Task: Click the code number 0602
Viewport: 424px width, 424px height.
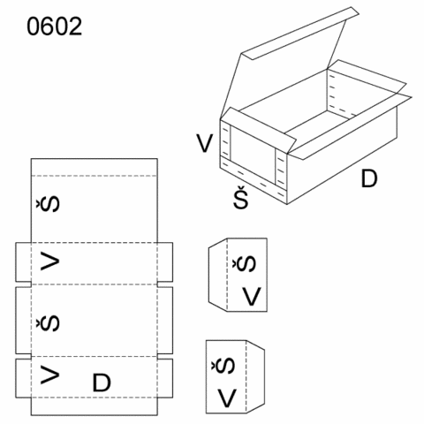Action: click(55, 26)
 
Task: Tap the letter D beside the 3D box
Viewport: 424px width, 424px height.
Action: click(369, 178)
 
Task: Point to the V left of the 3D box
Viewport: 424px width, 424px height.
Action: click(205, 143)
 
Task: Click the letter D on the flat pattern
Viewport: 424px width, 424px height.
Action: click(102, 382)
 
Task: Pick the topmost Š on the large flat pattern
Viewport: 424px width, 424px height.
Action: click(48, 204)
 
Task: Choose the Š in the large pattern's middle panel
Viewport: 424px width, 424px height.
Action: click(48, 323)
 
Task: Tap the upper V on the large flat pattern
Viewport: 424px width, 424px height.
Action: click(49, 261)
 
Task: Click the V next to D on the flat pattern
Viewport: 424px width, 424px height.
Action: click(49, 375)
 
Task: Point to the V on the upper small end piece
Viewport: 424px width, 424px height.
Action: click(252, 297)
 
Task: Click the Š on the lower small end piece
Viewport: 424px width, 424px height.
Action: click(223, 366)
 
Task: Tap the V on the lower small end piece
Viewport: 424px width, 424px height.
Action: click(227, 398)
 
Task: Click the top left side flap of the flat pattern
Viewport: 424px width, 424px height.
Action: click(23, 262)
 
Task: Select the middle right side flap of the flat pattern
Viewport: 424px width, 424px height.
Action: click(165, 320)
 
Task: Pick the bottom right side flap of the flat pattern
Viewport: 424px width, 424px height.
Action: click(165, 378)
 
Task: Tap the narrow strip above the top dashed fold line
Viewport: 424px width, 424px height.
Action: click(95, 167)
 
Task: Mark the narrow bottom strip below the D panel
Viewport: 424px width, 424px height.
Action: click(95, 406)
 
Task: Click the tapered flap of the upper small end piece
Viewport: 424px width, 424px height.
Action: click(218, 275)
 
